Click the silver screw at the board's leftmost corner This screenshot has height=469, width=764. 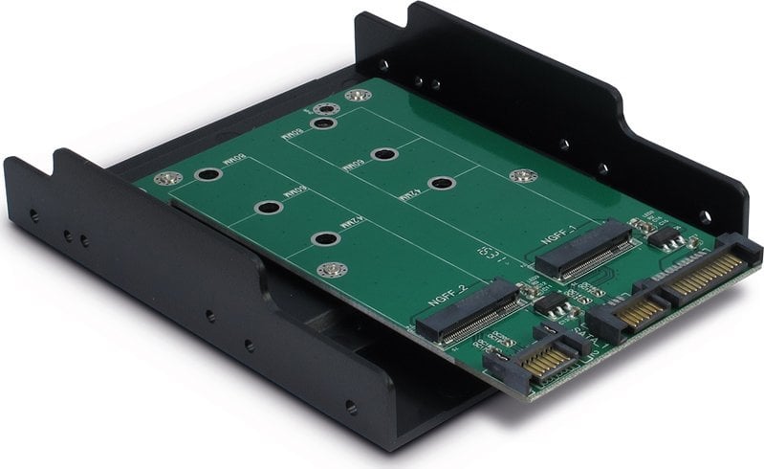[x=171, y=178]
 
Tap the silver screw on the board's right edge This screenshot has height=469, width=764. [x=520, y=175]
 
